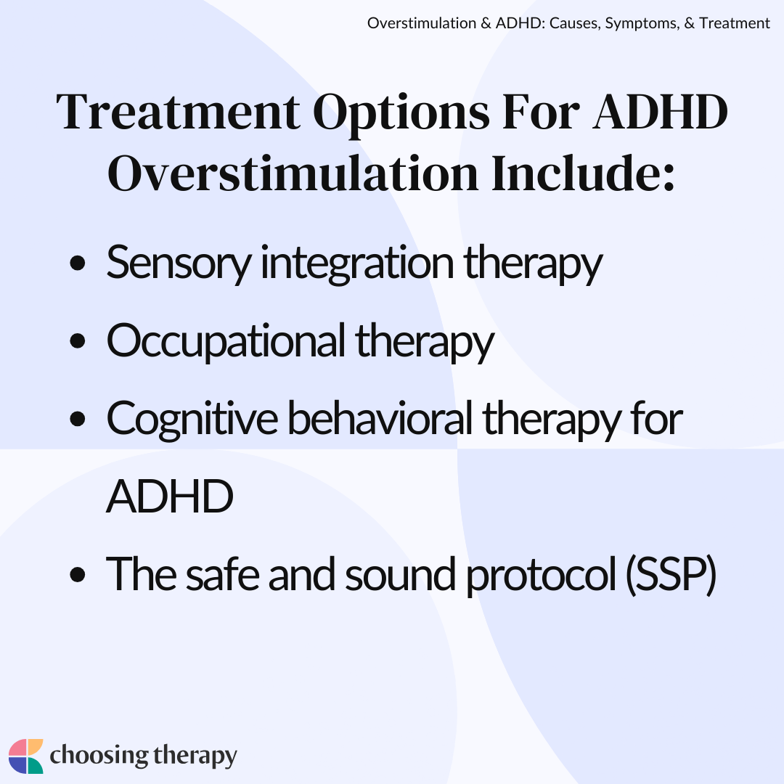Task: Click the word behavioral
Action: pyautogui.click(x=380, y=418)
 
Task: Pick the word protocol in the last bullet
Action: pyautogui.click(x=541, y=576)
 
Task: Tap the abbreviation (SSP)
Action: pyautogui.click(x=671, y=576)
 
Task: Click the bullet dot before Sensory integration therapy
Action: pyautogui.click(x=78, y=263)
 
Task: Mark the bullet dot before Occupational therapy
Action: pyautogui.click(x=78, y=341)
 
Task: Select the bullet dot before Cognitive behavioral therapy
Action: pyautogui.click(x=78, y=419)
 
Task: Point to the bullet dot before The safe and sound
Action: pyautogui.click(x=78, y=575)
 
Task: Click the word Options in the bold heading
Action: pyautogui.click(x=401, y=113)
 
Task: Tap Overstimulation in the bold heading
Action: pyautogui.click(x=293, y=173)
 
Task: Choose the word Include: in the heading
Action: pyautogui.click(x=583, y=173)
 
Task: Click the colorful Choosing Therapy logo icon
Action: pyautogui.click(x=26, y=756)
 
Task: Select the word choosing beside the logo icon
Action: pyautogui.click(x=99, y=756)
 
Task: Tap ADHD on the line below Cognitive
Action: pyautogui.click(x=170, y=497)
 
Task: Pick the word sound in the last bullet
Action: pyautogui.click(x=400, y=575)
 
